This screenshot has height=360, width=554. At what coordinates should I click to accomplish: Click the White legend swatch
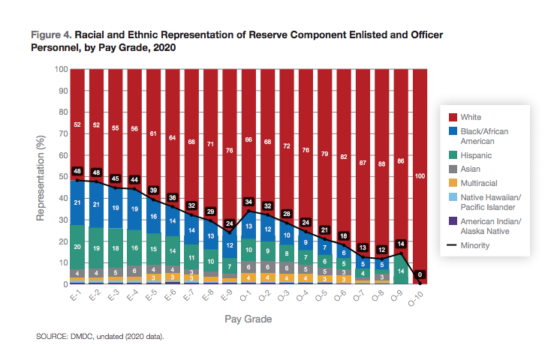[452, 117]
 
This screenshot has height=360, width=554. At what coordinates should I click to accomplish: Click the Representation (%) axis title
[42, 177]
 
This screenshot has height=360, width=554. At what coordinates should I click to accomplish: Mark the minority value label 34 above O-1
[248, 201]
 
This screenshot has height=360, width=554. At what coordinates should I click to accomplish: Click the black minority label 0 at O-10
[420, 274]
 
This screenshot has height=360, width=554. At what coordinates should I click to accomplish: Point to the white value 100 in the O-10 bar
[420, 175]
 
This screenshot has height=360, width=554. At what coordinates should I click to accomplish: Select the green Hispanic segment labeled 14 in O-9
[401, 271]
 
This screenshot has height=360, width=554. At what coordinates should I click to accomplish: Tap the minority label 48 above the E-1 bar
[77, 171]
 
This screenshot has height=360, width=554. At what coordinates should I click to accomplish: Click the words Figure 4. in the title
[50, 35]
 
